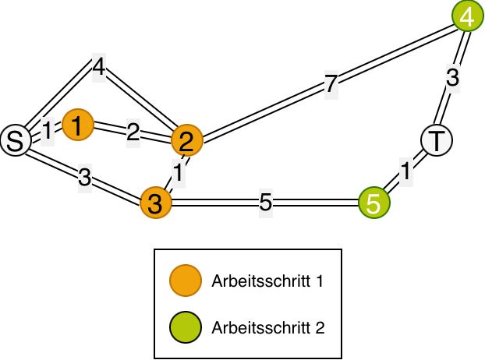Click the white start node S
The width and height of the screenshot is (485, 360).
[x=14, y=140]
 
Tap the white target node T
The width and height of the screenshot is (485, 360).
[x=437, y=140]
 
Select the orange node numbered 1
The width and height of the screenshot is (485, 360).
[x=77, y=125]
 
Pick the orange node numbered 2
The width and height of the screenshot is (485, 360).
[x=186, y=140]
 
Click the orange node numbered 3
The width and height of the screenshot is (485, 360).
[x=155, y=203]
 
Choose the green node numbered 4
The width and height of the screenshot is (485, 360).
[x=467, y=16]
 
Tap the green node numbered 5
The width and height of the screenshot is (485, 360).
[x=373, y=203]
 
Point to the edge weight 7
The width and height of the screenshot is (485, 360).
[x=331, y=84]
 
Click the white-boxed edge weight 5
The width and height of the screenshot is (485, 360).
[x=266, y=203]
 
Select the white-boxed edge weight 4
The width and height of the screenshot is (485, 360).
[x=98, y=67]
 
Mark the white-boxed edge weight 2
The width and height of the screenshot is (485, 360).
[x=133, y=132]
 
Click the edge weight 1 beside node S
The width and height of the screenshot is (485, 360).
[x=47, y=131]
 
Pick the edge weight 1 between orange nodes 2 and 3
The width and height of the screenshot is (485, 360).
[x=179, y=173]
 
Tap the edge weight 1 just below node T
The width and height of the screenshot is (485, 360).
[x=405, y=171]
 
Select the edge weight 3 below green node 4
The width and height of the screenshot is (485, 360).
[x=453, y=78]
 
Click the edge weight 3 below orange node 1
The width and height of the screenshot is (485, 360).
[x=85, y=178]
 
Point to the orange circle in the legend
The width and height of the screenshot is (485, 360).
[x=186, y=281]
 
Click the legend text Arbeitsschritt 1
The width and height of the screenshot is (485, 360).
[x=267, y=281]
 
